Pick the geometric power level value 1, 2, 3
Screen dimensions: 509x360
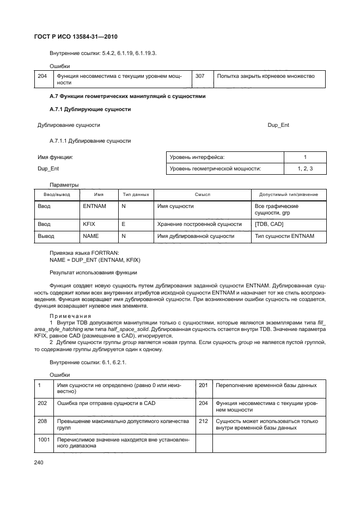[305, 169]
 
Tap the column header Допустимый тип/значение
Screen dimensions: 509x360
[289, 194]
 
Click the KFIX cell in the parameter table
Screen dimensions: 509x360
[89, 224]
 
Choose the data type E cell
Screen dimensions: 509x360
[124, 224]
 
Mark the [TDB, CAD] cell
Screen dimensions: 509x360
[269, 224]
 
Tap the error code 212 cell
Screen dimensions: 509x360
[204, 421]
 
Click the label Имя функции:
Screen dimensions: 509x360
[55, 157]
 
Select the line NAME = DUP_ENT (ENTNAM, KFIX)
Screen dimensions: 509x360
[90, 260]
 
